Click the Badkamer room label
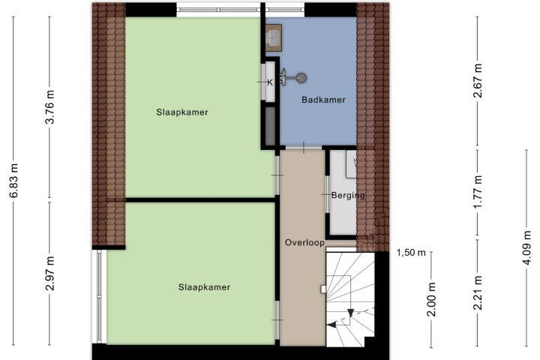[x=323, y=100]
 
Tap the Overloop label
[x=304, y=243]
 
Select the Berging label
[x=348, y=196]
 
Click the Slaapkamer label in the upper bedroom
[x=181, y=112]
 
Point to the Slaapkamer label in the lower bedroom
[x=204, y=287]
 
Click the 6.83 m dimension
[x=14, y=181]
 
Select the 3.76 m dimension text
[x=50, y=106]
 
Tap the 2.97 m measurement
[x=50, y=274]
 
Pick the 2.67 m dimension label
[x=478, y=81]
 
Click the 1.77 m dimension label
[x=478, y=192]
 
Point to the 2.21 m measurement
[x=478, y=292]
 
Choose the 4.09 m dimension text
[x=527, y=247]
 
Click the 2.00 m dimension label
[x=431, y=299]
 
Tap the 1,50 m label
[x=411, y=253]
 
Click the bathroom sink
[x=274, y=37]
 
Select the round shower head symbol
[x=301, y=78]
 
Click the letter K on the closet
[x=270, y=82]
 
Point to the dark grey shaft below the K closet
[x=270, y=126]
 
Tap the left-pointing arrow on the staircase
[x=331, y=325]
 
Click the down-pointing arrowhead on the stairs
[x=350, y=313]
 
